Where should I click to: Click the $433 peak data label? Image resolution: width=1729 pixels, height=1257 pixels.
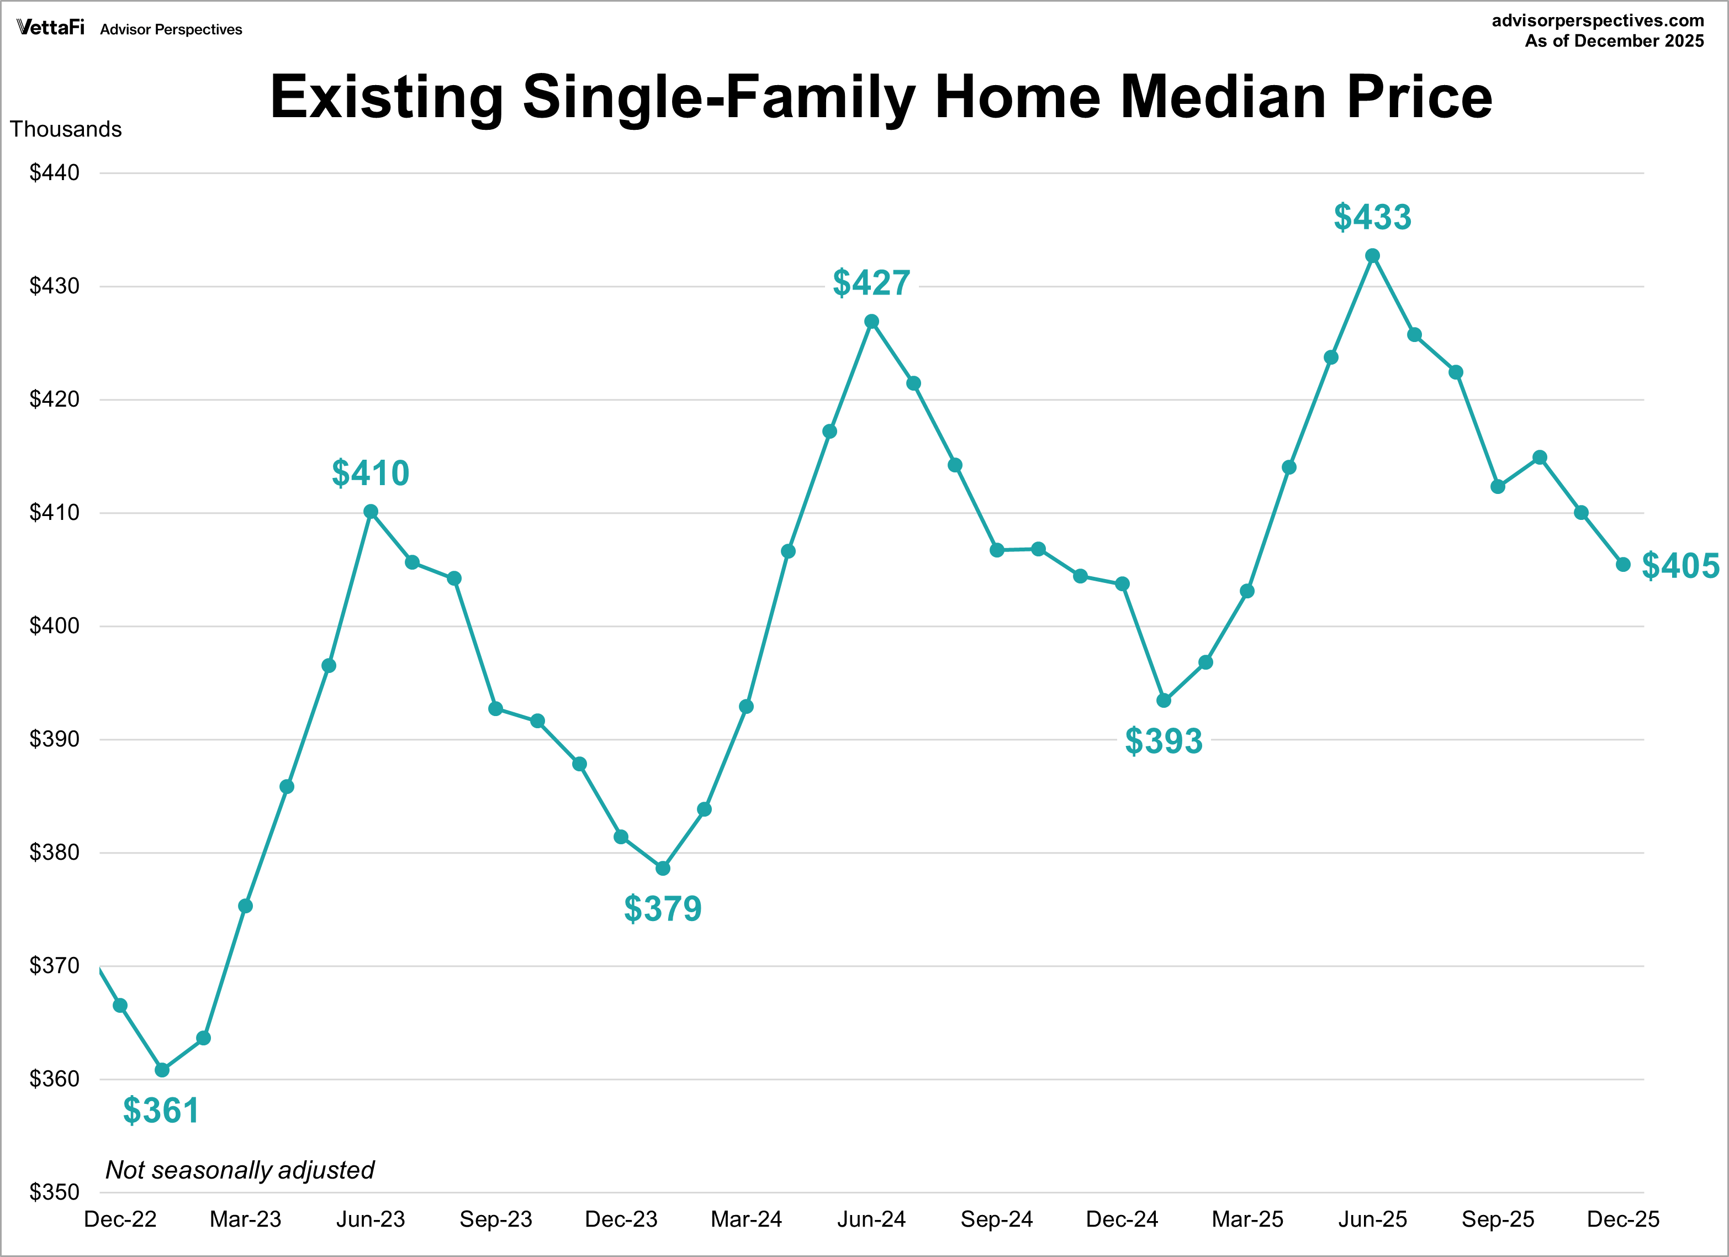pyautogui.click(x=1372, y=217)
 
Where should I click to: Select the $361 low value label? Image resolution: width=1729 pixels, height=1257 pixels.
pyautogui.click(x=161, y=1111)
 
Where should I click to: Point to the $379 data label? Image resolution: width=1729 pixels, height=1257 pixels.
pyautogui.click(x=663, y=908)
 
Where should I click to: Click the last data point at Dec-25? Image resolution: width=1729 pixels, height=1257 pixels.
pyautogui.click(x=1623, y=565)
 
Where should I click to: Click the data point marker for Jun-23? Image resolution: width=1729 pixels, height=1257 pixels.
pyautogui.click(x=371, y=512)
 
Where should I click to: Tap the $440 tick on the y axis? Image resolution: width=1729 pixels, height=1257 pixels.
pyautogui.click(x=54, y=173)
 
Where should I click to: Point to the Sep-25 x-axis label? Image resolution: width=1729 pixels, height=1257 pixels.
pyautogui.click(x=1497, y=1219)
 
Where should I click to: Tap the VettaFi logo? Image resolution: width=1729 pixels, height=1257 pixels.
pyautogui.click(x=50, y=28)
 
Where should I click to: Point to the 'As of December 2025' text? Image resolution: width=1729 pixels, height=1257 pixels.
pyautogui.click(x=1614, y=41)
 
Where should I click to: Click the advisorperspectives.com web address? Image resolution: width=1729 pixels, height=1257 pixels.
pyautogui.click(x=1597, y=20)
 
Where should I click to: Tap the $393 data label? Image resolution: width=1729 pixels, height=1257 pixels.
pyautogui.click(x=1164, y=740)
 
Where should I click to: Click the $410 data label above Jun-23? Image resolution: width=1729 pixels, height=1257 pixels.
pyautogui.click(x=371, y=474)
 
